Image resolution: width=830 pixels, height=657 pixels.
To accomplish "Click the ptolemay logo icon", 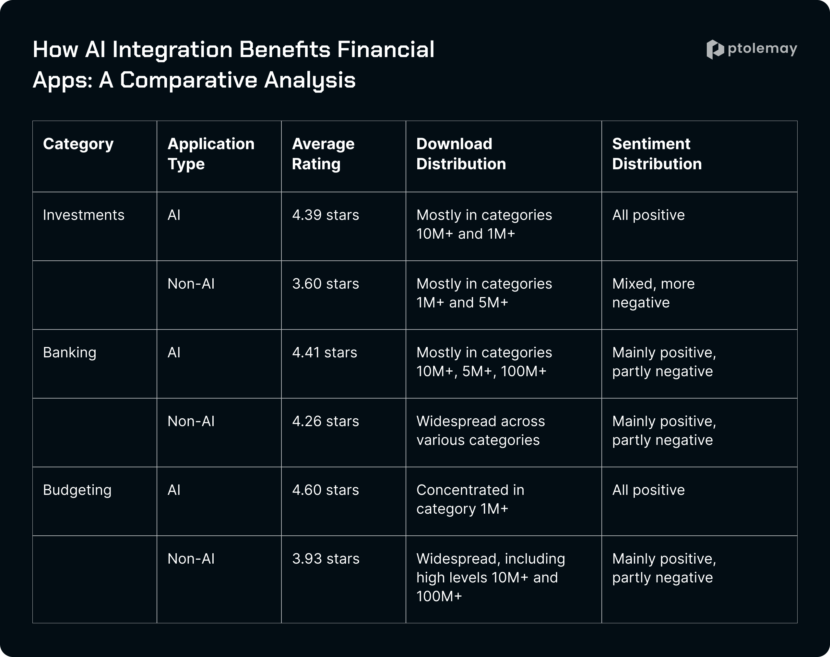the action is tap(715, 50).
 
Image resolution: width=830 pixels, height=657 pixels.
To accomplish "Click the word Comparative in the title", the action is tap(188, 80).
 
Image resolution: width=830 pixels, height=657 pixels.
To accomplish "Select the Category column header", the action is tap(78, 144).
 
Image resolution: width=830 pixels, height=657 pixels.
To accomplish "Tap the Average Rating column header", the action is tap(323, 154).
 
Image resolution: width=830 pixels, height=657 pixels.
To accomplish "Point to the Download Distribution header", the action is tap(461, 154).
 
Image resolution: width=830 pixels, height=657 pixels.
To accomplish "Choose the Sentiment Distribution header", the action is tap(657, 154).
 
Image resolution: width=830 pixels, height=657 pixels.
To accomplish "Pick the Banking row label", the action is tap(70, 353).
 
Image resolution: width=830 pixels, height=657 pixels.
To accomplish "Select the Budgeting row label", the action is tap(77, 490).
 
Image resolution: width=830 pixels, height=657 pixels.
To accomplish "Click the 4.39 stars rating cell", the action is tap(326, 215).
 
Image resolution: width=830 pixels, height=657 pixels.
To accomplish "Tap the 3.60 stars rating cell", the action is tap(326, 284).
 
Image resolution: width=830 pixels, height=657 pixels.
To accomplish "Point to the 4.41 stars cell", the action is tap(325, 353).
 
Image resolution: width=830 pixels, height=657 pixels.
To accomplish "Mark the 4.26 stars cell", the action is tap(326, 422).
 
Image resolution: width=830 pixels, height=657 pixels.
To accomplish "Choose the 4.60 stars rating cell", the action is tap(326, 490).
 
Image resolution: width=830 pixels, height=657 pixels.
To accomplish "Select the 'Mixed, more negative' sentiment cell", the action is tap(653, 293).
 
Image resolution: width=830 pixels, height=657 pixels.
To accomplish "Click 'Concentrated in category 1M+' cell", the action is tap(470, 499).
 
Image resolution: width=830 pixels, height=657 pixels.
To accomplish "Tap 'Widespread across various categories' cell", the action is tap(480, 430).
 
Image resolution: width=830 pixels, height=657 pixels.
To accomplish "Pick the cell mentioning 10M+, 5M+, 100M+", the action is tap(484, 362).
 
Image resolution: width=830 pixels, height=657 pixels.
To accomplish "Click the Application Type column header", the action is tap(211, 154).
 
